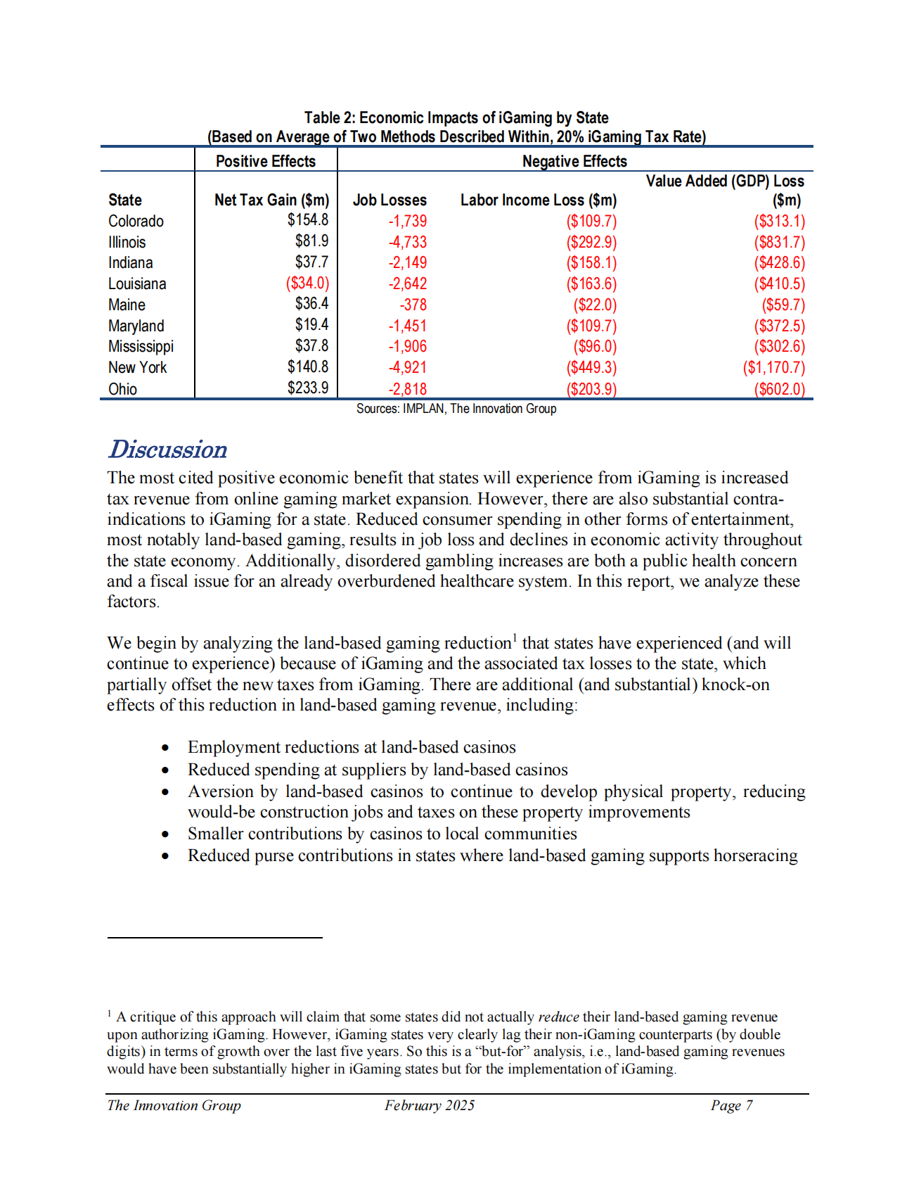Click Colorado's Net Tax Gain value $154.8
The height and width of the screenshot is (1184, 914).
(307, 220)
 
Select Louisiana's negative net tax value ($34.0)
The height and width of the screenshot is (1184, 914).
(307, 284)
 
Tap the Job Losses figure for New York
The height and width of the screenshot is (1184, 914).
(408, 367)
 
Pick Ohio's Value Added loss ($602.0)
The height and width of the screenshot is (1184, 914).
(779, 389)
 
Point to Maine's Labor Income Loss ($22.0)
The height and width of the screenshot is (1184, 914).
(595, 305)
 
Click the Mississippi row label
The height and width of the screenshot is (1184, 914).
(141, 346)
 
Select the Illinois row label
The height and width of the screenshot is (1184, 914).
(127, 242)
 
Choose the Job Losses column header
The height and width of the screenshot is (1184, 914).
(390, 200)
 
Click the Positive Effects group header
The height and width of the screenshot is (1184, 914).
(266, 161)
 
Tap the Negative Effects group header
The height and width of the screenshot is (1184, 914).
(574, 161)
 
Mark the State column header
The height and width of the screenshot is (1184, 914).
(125, 200)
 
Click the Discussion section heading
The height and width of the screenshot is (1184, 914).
(168, 450)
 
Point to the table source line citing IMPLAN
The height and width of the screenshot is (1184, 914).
(456, 409)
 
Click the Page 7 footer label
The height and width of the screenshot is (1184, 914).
(731, 1105)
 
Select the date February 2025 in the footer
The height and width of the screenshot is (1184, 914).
(430, 1105)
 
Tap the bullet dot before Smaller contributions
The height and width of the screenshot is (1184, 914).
(165, 834)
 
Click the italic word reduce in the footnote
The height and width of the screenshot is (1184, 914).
(558, 1017)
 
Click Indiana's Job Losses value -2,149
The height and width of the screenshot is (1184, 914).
(408, 262)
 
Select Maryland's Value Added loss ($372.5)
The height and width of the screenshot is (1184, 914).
(779, 326)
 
